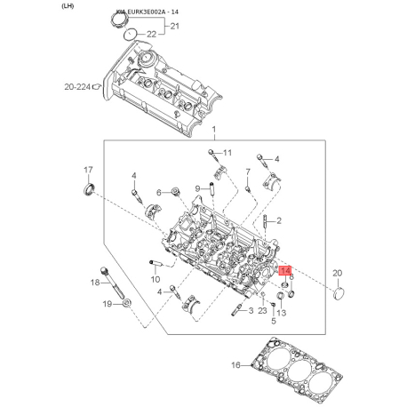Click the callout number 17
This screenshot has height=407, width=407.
click(88, 170)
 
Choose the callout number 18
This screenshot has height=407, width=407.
click(96, 283)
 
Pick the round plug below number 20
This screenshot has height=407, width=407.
click(339, 292)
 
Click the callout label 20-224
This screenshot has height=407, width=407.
click(77, 87)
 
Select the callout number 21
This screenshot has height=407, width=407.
click(175, 28)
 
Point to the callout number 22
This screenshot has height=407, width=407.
click(150, 34)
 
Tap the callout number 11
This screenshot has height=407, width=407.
click(227, 153)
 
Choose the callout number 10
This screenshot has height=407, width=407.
click(155, 278)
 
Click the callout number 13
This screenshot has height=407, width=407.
click(281, 313)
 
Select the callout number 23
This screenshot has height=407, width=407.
click(262, 310)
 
